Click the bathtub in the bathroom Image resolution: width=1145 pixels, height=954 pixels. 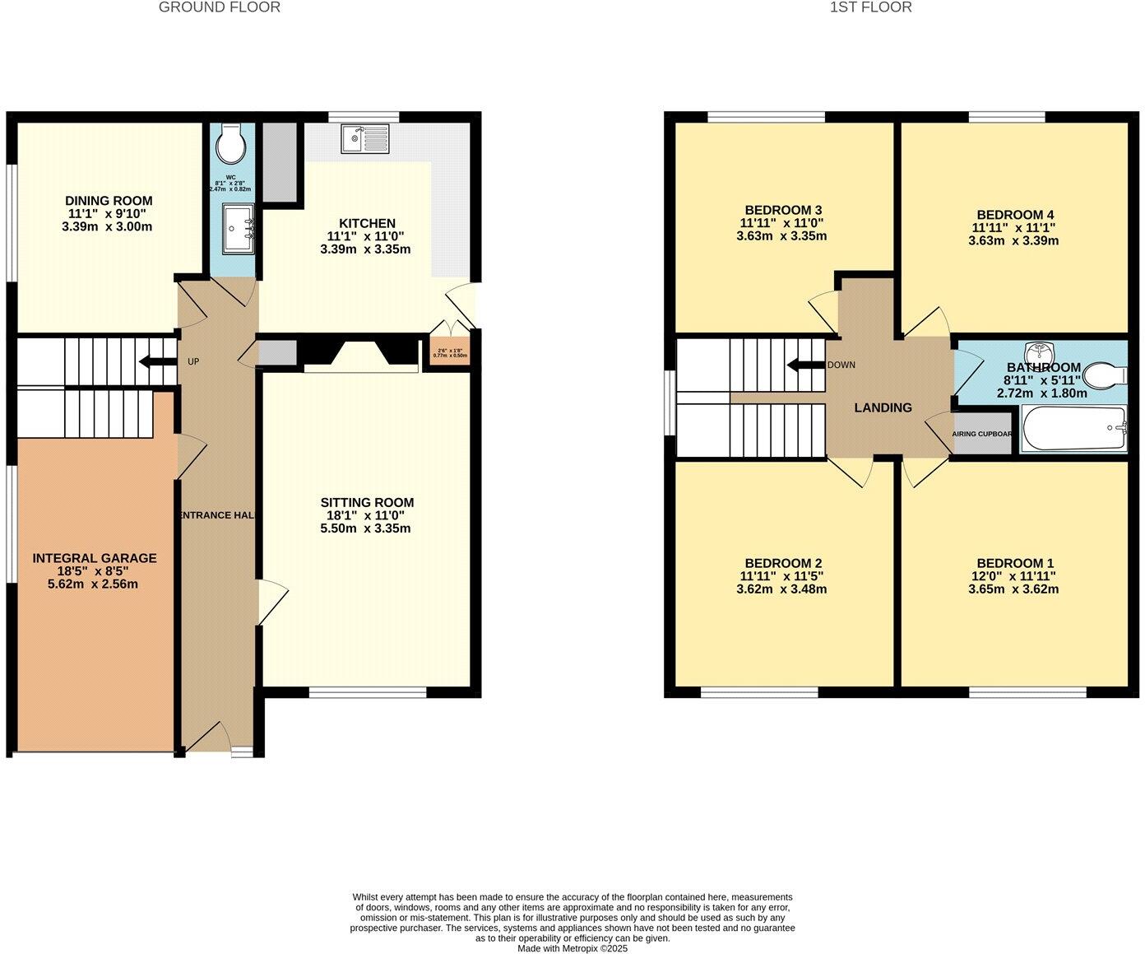[1073, 428]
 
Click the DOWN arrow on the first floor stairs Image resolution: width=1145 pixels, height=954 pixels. [805, 365]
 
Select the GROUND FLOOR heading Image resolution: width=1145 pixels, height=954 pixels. [219, 7]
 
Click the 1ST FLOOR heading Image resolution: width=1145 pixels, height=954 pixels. [870, 7]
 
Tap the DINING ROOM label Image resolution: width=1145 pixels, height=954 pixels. [109, 201]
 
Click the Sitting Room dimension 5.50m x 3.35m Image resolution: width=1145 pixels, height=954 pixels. [365, 528]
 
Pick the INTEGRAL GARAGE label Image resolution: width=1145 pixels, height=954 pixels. [95, 558]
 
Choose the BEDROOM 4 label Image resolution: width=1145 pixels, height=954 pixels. [1013, 215]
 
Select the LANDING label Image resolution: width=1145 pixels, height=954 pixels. [883, 407]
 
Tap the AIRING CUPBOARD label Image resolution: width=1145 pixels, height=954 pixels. [981, 434]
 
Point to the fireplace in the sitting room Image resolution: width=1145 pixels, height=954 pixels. [360, 356]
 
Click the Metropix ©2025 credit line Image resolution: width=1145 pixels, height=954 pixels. [572, 948]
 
